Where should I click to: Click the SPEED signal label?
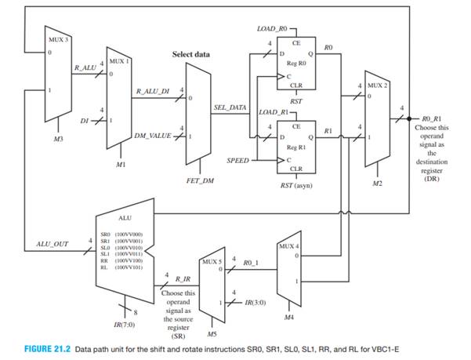tap(237, 160)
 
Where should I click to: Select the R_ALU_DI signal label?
tap(153, 91)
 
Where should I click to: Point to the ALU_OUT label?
tap(53, 244)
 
